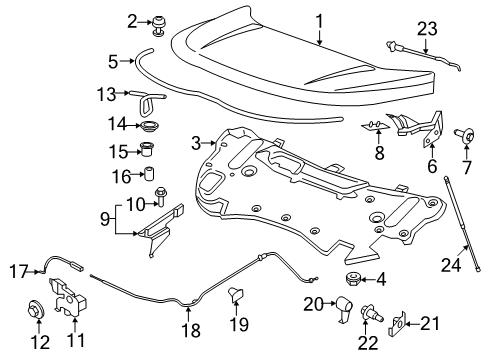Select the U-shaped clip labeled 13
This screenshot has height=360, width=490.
[154, 98]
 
